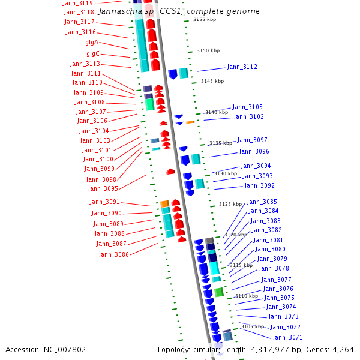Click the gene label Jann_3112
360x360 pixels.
[x=242, y=67]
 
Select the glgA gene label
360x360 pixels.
[x=92, y=43]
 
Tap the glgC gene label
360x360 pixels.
[x=93, y=53]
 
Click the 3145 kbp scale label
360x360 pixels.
[x=212, y=81]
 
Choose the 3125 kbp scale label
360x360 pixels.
[x=230, y=205]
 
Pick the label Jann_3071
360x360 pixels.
[x=287, y=337]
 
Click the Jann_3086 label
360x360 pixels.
[x=113, y=254]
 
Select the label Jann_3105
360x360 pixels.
[x=247, y=107]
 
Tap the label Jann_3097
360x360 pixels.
[x=252, y=140]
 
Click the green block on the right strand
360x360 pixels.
[x=219, y=292]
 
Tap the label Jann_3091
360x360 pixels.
[x=104, y=202]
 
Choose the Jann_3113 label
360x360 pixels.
[x=85, y=64]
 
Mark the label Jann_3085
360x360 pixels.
[x=262, y=202]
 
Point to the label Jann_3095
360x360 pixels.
[x=102, y=188]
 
